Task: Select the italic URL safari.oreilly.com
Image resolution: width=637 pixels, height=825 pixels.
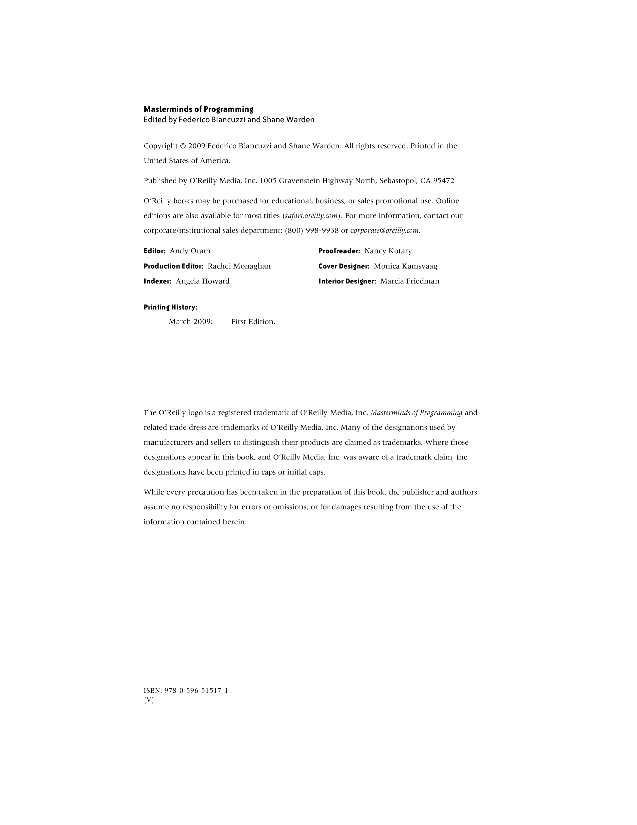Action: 311,216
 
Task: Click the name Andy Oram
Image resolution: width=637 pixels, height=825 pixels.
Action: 190,251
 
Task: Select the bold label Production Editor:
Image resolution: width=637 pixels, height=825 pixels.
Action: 173,266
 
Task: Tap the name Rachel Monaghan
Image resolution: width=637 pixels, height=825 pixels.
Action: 239,266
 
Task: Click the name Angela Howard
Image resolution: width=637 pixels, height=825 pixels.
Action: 202,281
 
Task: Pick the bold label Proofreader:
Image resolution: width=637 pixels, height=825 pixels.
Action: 339,251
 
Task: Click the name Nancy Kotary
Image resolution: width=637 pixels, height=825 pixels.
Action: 388,251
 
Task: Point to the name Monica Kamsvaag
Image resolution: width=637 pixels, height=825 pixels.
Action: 405,266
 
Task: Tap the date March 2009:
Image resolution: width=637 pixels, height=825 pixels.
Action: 191,321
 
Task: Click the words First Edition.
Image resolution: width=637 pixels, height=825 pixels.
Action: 253,321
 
